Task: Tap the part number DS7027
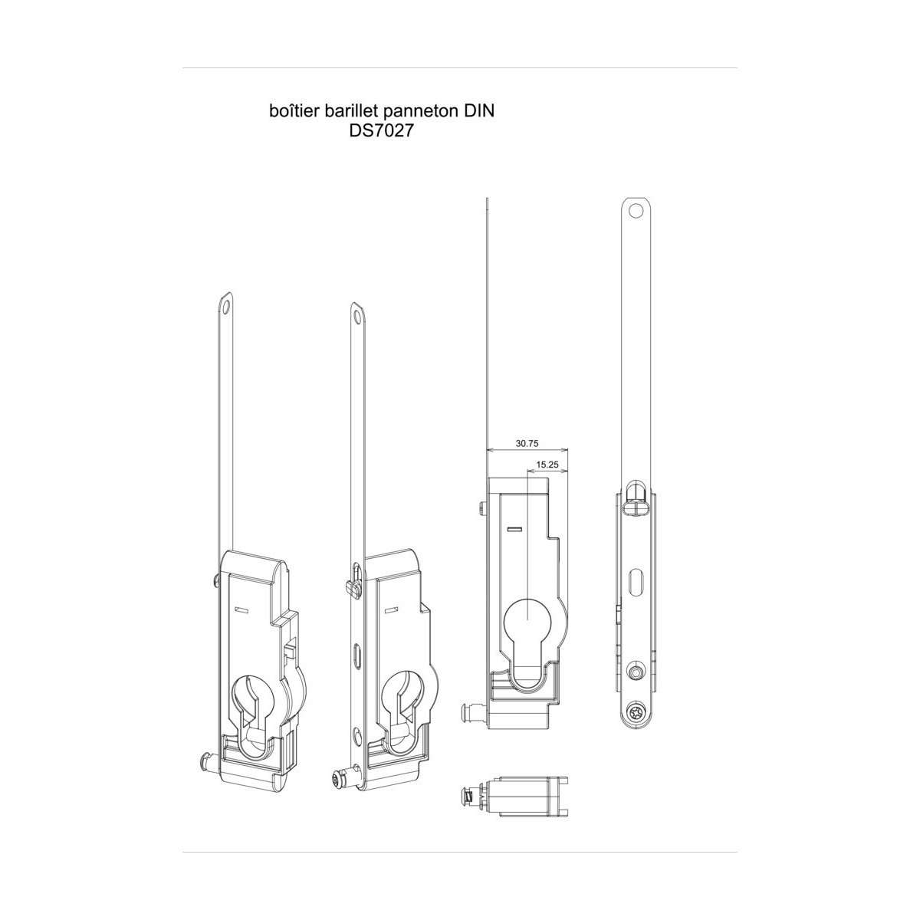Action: [x=380, y=131]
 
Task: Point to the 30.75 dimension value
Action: [x=527, y=444]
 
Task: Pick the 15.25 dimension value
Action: [x=547, y=464]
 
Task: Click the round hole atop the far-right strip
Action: [x=636, y=210]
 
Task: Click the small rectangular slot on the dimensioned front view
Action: [x=515, y=528]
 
